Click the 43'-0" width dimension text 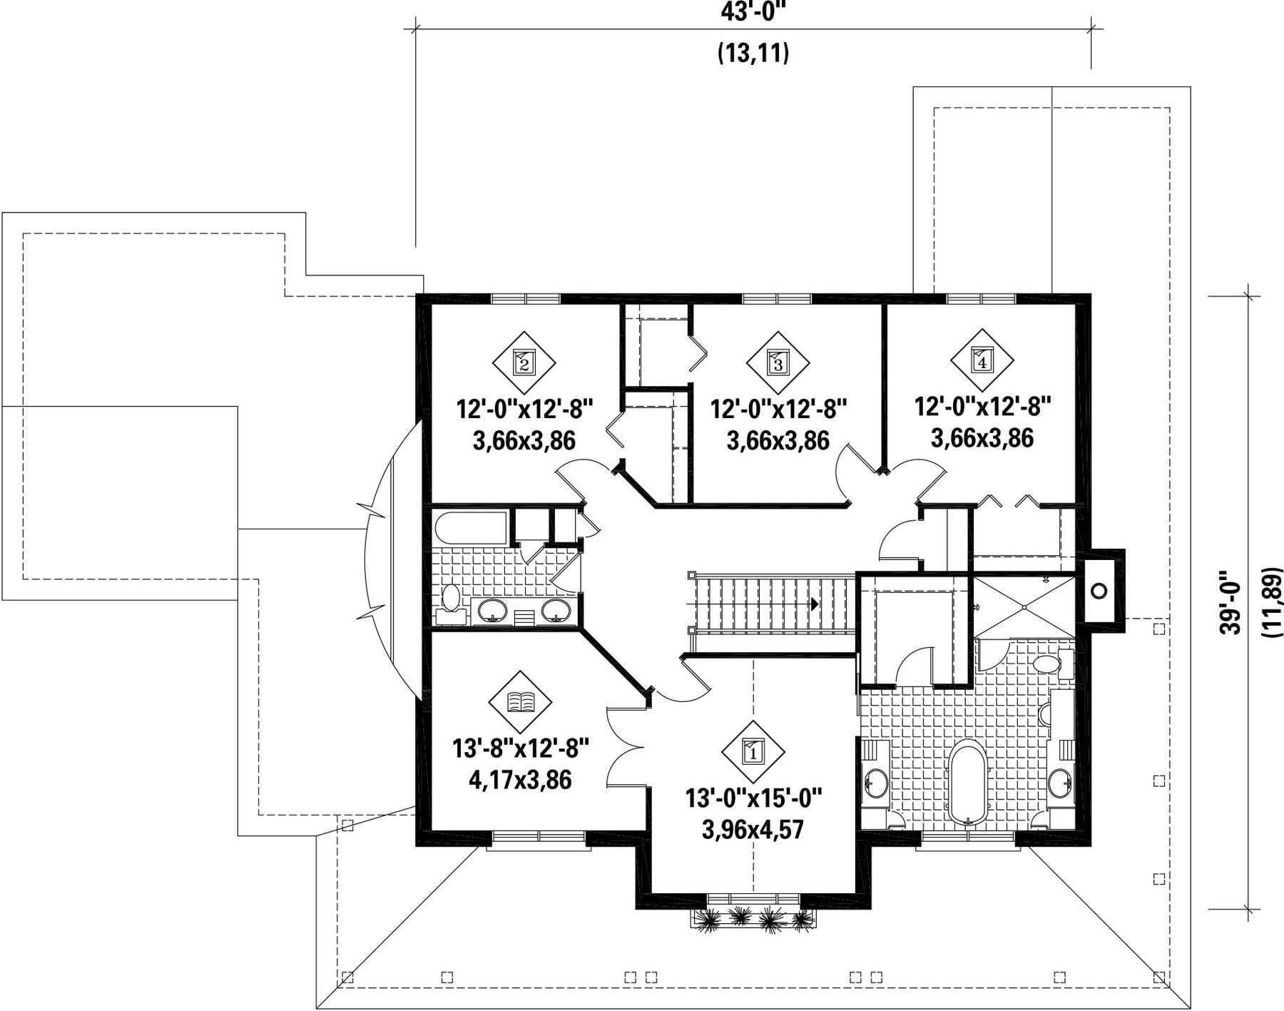753,13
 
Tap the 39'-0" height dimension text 1229,601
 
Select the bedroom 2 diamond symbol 524,362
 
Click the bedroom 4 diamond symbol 982,360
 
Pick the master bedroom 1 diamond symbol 753,751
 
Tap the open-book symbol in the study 521,702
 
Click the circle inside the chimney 1100,590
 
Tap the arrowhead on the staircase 814,604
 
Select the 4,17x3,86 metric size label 520,780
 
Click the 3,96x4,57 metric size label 753,830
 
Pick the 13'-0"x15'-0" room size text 754,798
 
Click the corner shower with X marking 1024,606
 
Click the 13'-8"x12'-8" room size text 521,748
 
